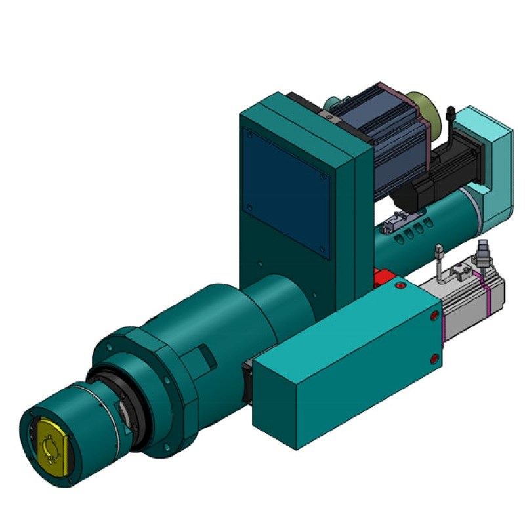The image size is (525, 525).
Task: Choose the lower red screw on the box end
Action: coord(434,358)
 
